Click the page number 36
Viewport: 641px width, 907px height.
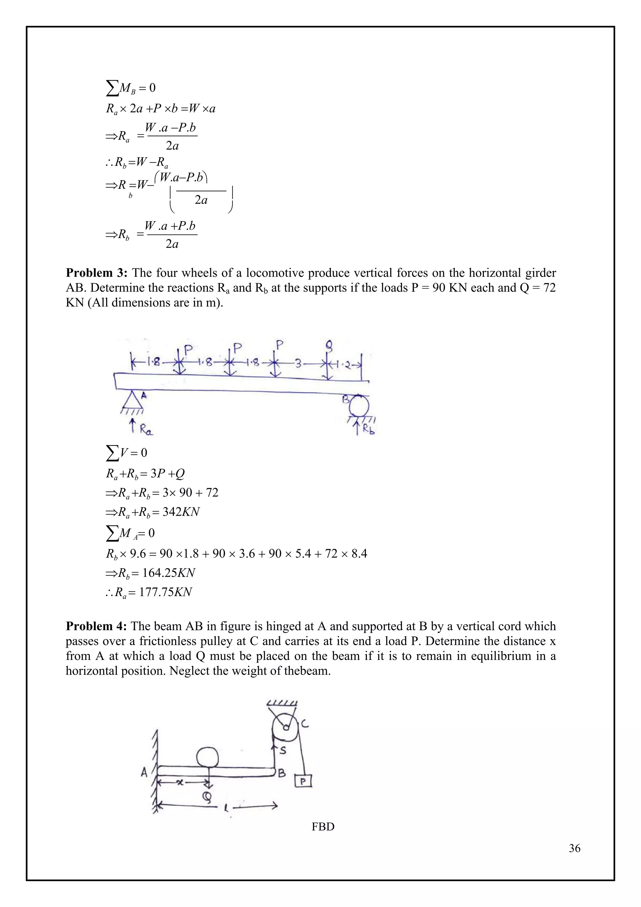tap(574, 848)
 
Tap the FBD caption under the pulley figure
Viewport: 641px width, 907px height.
tap(323, 827)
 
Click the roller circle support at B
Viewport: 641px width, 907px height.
tap(358, 406)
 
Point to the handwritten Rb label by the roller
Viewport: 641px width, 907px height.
tap(369, 429)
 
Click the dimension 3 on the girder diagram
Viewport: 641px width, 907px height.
tap(299, 363)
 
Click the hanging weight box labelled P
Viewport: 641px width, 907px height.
tap(303, 781)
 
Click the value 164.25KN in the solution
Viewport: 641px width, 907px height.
tap(168, 573)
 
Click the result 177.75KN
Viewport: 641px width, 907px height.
tap(165, 592)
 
